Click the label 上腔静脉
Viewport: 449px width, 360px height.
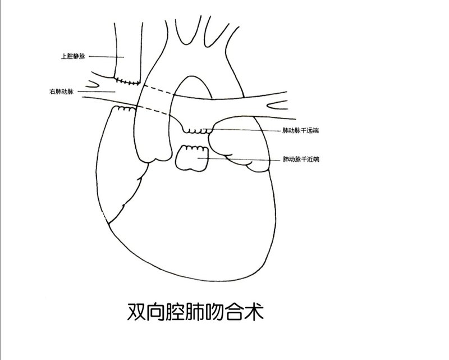coord(73,56)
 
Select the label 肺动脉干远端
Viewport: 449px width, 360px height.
coord(300,130)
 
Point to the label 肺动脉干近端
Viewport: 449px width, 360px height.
coord(300,160)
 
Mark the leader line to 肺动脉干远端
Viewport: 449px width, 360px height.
coord(247,130)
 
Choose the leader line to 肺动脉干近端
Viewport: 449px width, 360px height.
coord(241,160)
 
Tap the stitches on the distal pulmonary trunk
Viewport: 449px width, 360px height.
coord(198,130)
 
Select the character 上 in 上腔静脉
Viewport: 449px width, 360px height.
coord(64,56)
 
